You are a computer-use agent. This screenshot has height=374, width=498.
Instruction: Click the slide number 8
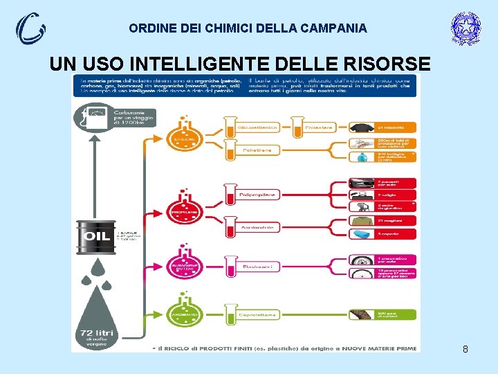465,349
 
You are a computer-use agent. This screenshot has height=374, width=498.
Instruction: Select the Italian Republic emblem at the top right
465,28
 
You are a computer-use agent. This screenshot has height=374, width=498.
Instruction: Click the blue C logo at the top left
30,28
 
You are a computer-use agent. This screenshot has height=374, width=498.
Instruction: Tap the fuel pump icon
95,117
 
